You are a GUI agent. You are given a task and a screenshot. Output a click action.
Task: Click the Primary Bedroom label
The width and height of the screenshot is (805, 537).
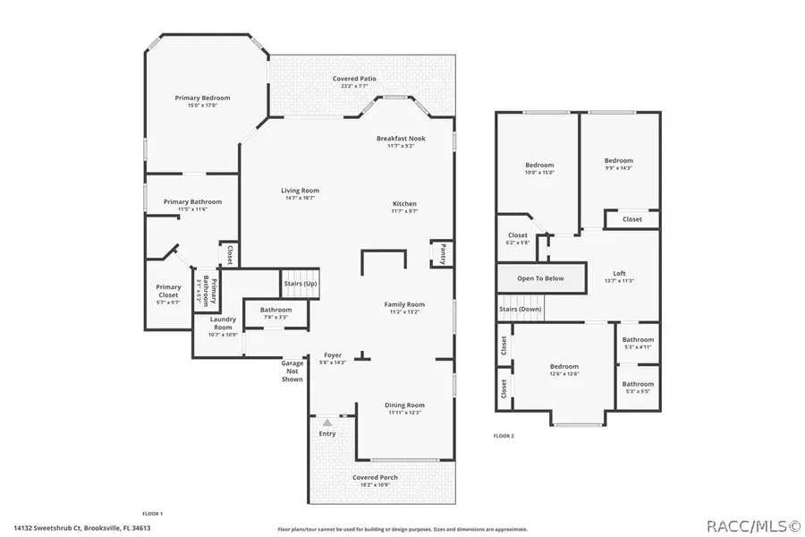tap(202, 98)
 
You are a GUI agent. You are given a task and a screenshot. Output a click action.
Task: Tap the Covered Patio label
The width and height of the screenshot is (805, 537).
tap(354, 79)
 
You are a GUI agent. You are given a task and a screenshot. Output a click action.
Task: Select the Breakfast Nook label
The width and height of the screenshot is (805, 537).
tap(406, 139)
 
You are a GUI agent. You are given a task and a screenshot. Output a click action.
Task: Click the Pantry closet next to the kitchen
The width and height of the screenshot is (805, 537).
tap(440, 253)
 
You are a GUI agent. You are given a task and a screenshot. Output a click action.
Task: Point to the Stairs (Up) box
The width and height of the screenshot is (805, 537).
tap(300, 284)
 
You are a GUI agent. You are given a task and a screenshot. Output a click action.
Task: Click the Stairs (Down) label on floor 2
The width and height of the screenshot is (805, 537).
tap(521, 309)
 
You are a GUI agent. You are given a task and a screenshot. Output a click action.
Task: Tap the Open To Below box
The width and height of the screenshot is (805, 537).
tap(541, 278)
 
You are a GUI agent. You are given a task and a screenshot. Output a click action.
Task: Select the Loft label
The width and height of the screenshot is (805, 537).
tap(619, 274)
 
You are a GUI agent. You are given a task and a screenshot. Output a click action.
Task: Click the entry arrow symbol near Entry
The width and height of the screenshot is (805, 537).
tap(327, 422)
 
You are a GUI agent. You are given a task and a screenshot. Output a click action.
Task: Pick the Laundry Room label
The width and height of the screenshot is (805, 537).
tap(223, 322)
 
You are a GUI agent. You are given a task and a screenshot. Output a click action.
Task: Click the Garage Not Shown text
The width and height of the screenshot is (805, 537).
tap(292, 371)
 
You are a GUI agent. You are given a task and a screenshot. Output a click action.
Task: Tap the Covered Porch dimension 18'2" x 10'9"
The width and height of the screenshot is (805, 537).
tap(375, 485)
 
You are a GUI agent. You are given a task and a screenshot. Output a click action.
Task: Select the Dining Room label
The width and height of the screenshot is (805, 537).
tap(404, 405)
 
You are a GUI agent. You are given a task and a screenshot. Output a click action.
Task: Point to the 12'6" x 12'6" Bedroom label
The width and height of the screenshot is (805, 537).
tap(563, 366)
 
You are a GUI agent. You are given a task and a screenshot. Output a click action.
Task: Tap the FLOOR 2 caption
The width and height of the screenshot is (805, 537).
tap(504, 436)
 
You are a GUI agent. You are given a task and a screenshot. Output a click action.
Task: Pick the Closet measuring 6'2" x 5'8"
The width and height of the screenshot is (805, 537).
tap(518, 236)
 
